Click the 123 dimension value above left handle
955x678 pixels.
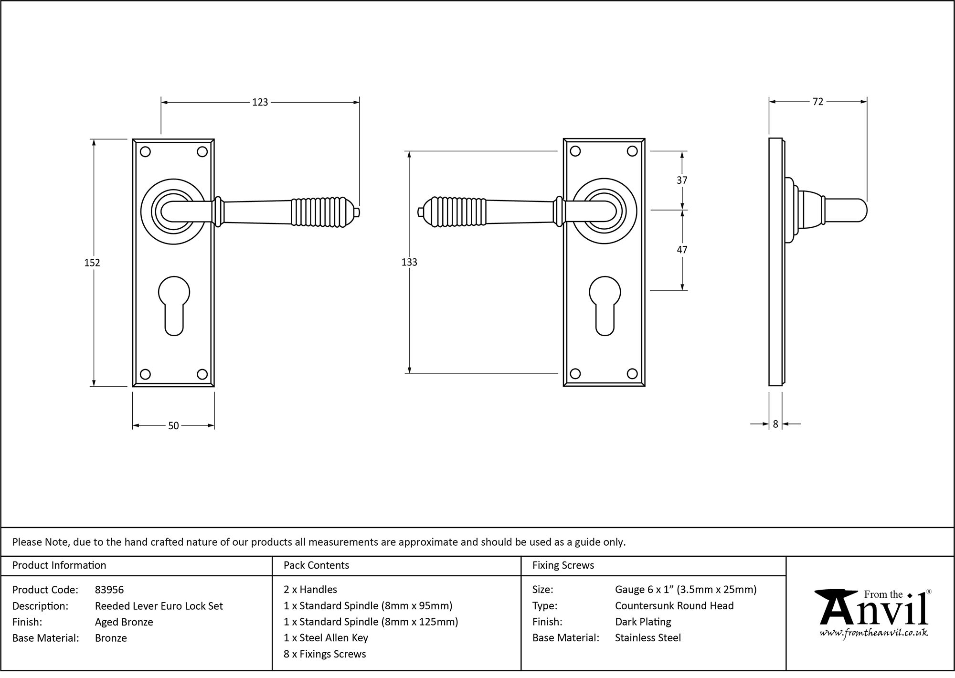pos(260,102)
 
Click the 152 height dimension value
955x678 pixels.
pos(92,263)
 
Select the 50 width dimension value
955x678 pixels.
pos(173,425)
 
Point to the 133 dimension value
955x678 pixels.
pos(409,262)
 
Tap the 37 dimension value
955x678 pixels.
pos(682,180)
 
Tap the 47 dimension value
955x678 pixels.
pos(682,250)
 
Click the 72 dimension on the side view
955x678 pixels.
pos(817,102)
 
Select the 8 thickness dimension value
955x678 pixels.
pos(775,424)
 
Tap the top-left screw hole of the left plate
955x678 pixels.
pos(146,152)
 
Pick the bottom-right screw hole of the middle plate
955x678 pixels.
pos(632,374)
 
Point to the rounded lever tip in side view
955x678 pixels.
pos(859,211)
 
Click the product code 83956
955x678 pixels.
pos(109,590)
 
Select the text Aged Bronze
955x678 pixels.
pos(124,622)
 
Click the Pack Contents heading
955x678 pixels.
pos(316,565)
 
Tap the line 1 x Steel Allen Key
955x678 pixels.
pos(326,638)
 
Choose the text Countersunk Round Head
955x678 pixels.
pos(674,606)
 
